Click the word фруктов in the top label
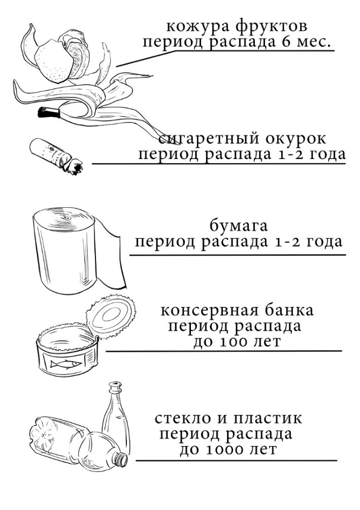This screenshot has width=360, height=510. [x=271, y=27]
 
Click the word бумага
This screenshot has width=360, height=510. [x=239, y=226]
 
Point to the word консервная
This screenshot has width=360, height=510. [x=207, y=310]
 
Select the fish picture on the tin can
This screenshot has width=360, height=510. [x=65, y=363]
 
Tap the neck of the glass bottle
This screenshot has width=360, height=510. [x=114, y=396]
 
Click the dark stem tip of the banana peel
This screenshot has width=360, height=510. [x=48, y=112]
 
